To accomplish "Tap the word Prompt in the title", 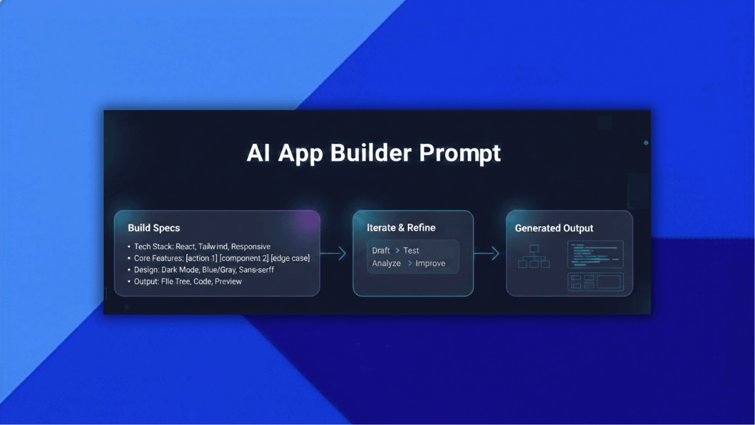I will pos(460,153).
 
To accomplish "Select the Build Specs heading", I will pos(154,228).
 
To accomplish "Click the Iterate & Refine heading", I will pos(401,228).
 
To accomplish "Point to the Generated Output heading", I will pos(554,228).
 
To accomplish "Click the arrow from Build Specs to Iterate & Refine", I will pos(334,253).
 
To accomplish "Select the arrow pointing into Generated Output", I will pos(487,253).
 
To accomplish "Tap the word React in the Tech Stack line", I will pos(185,247).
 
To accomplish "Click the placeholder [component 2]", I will pos(244,258).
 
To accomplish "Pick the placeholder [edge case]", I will pos(290,258).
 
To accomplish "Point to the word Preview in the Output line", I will pos(228,281).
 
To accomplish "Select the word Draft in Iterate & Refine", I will pos(381,250).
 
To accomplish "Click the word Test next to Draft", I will pos(411,250).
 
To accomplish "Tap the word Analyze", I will pos(386,263).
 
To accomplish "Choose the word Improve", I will pos(430,263).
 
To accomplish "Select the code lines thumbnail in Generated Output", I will pos(595,254).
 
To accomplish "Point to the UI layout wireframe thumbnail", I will pos(595,282).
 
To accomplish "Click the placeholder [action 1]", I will pos(201,258).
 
